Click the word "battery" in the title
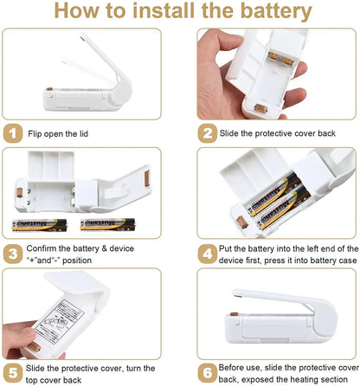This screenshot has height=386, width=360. click(x=276, y=11)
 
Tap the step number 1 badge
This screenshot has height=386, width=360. click(x=13, y=133)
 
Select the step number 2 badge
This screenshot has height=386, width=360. click(x=208, y=133)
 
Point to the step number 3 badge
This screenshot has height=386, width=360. click(x=13, y=254)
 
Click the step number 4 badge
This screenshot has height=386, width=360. click(x=208, y=254)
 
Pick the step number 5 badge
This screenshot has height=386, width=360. click(x=13, y=373)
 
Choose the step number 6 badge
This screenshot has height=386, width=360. click(x=208, y=373)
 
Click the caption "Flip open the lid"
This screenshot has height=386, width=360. click(x=58, y=134)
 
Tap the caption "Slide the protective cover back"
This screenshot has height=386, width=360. click(x=278, y=133)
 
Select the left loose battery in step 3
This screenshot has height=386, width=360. click(x=40, y=225)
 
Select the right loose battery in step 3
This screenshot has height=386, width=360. click(x=108, y=225)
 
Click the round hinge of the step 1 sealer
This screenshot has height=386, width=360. click(x=122, y=93)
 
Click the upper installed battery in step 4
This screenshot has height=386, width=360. click(x=273, y=194)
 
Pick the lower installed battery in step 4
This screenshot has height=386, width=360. click(x=284, y=209)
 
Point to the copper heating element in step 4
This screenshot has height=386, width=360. click(x=241, y=222)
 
